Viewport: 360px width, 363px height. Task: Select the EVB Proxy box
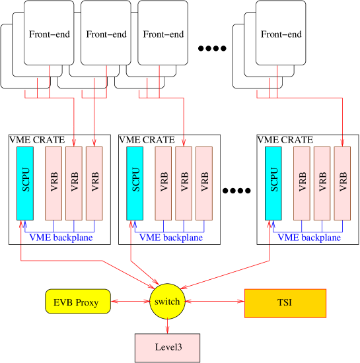point(77,302)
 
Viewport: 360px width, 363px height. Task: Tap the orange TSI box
point(285,303)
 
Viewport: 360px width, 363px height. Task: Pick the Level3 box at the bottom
point(166,347)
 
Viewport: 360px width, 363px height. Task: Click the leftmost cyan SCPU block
point(25,183)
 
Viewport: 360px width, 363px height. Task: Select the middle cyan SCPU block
point(135,183)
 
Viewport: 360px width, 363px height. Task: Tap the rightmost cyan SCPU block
point(273,183)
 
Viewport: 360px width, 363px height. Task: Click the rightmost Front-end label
point(281,34)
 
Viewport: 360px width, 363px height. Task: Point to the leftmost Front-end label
point(49,34)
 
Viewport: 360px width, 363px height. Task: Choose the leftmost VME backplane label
point(61,238)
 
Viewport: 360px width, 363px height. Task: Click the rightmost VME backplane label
point(309,238)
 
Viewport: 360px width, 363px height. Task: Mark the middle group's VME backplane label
point(170,238)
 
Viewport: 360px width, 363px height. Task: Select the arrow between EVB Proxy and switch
point(129,302)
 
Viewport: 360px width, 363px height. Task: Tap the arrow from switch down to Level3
point(166,325)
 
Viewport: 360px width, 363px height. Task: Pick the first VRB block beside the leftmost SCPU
point(54,183)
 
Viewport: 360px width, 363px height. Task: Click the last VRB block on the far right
point(342,183)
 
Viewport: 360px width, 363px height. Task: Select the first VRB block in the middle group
point(163,183)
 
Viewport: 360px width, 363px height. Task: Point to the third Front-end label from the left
point(162,34)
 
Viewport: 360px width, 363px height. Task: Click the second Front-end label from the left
point(106,34)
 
